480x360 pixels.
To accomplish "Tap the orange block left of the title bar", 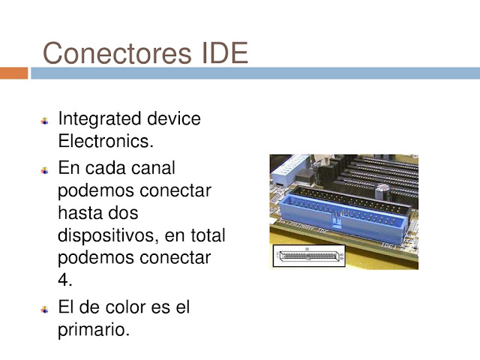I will [13, 73].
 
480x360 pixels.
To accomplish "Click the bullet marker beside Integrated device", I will [45, 121].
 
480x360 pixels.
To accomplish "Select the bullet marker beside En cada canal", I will [45, 169].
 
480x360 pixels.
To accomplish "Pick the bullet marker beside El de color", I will [45, 309].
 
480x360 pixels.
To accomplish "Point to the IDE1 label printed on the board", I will [388, 245].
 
